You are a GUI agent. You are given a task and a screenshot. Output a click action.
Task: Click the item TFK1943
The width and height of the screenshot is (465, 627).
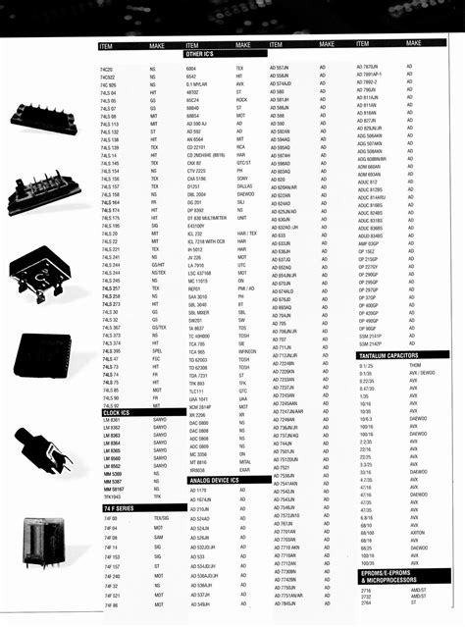pos(111,496)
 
